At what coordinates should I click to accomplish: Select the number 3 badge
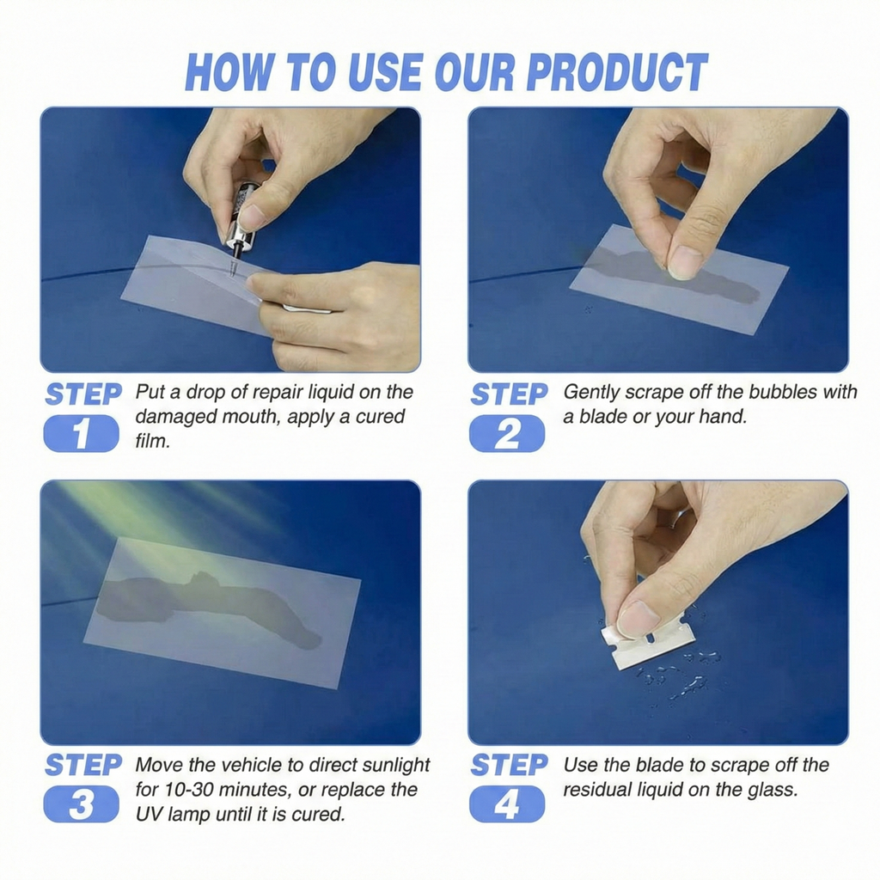[x=81, y=804]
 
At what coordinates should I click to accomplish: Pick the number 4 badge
[x=506, y=804]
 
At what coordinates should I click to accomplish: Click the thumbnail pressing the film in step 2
[x=685, y=262]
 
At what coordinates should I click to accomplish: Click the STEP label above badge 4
[x=509, y=765]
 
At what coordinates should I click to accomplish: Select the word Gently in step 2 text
[x=594, y=392]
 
